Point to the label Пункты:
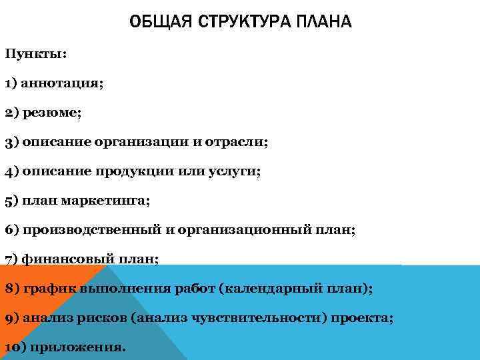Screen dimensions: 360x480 pyautogui.click(x=35, y=54)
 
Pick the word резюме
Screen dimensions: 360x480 pyautogui.click(x=51, y=113)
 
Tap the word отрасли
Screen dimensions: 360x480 pyautogui.click(x=234, y=142)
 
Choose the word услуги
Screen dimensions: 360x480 pyautogui.click(x=236, y=171)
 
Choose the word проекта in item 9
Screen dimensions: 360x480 pyautogui.click(x=360, y=318)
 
